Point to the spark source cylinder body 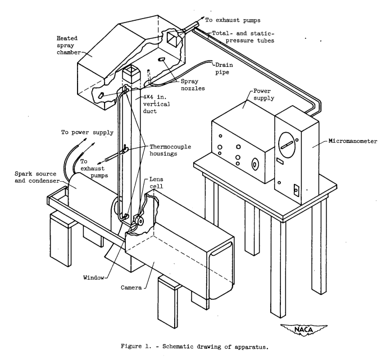click(x=90, y=194)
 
